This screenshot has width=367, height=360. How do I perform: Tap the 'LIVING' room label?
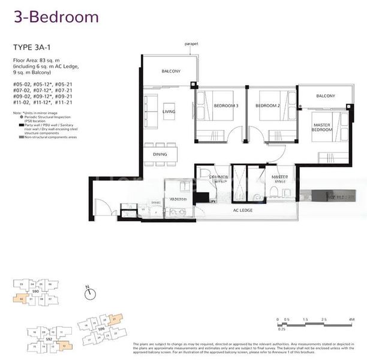169,112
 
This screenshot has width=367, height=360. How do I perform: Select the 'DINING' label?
160,154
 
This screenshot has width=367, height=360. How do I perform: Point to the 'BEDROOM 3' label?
225,106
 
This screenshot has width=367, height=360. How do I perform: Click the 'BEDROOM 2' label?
267,106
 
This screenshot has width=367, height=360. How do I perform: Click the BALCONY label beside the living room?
171,71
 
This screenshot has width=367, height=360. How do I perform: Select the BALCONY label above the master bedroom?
326,96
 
